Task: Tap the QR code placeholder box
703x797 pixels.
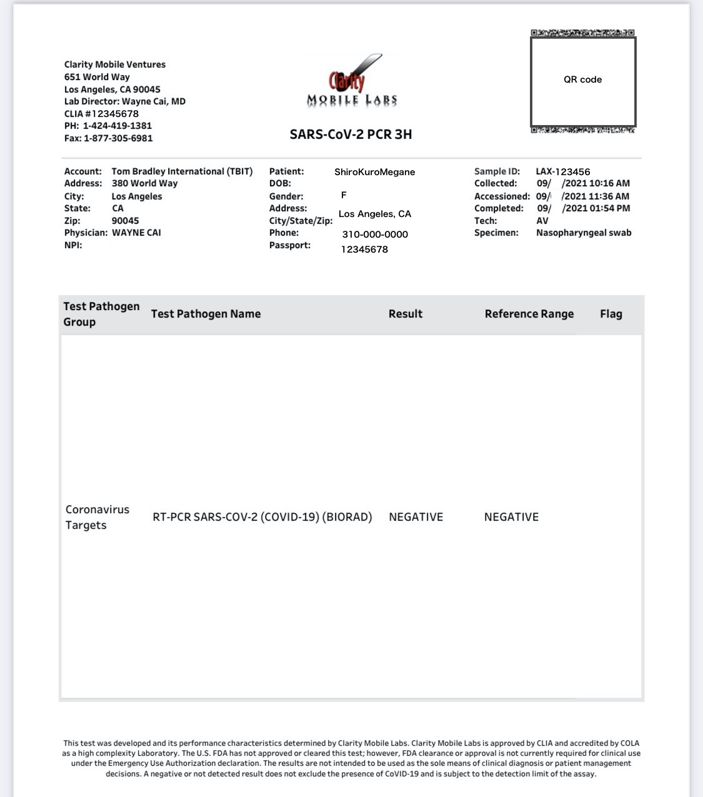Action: point(583,81)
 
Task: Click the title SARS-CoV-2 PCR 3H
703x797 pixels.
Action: point(351,134)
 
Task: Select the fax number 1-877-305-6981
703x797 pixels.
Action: point(118,138)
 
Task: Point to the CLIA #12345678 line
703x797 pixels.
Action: point(101,114)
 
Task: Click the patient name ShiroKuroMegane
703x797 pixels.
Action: point(374,172)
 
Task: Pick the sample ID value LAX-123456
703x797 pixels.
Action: point(562,171)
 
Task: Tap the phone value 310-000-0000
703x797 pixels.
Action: point(375,234)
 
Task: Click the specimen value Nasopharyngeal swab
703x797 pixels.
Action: point(584,233)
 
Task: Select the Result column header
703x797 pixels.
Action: point(406,314)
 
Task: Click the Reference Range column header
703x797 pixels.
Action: point(529,314)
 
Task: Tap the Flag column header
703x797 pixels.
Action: point(611,314)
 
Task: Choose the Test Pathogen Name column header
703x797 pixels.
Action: point(206,314)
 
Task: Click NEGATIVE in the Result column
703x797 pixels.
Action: point(416,517)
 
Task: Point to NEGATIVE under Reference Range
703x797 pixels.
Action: point(511,517)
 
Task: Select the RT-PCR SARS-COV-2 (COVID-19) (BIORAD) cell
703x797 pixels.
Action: point(262,517)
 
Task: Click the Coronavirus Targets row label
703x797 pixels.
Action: point(97,517)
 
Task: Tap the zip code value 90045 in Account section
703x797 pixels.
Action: point(125,221)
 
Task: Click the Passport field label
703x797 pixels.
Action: point(290,245)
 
